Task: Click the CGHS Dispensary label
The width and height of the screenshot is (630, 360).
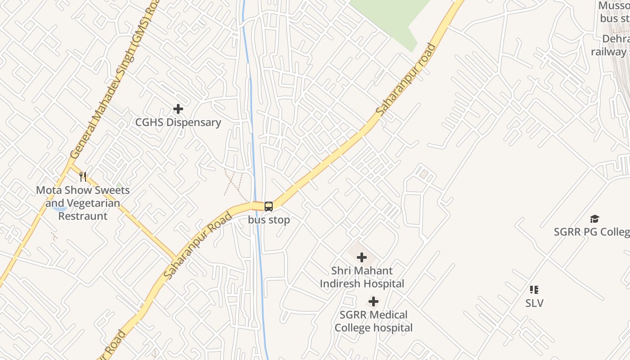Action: click(178, 122)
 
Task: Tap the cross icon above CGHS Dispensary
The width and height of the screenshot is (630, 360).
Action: click(178, 109)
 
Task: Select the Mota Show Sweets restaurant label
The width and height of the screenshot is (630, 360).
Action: click(83, 203)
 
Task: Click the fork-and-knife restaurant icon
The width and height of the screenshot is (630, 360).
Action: click(83, 177)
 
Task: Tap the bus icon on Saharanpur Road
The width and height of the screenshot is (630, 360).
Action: click(269, 207)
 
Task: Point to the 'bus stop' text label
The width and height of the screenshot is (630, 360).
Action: click(269, 220)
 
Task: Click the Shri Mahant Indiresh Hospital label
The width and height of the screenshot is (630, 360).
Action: click(362, 277)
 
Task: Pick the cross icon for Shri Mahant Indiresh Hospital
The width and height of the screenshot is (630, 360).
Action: click(362, 258)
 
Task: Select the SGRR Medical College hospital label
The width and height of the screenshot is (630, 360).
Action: click(373, 321)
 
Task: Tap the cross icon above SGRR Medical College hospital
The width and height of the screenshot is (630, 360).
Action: click(373, 301)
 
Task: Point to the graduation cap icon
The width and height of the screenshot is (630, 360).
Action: click(595, 219)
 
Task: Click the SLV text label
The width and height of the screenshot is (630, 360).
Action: click(534, 303)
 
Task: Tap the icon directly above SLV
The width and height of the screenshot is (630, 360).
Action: click(534, 290)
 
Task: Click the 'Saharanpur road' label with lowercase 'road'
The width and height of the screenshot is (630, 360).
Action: click(406, 79)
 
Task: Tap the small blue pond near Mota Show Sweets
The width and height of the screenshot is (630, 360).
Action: click(59, 208)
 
